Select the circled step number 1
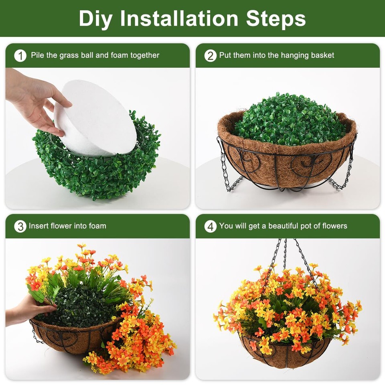pos(20,56)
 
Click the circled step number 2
pos(210,56)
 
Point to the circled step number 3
pos(20,227)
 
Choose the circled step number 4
pos(210,227)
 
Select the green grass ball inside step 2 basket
pos(289,120)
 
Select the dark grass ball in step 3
pos(80,305)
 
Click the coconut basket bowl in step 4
pos(285,353)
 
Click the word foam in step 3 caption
pos(97,226)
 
